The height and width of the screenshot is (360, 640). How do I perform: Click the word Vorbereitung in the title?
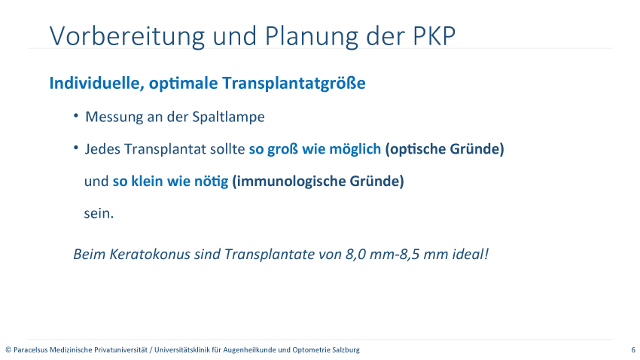point(127,36)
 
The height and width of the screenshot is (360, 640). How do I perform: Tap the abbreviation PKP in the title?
point(434,36)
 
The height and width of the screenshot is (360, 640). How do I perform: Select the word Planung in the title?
point(312,37)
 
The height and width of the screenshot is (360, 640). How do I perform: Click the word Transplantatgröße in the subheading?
point(294,84)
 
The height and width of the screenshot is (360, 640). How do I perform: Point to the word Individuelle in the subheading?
point(96,83)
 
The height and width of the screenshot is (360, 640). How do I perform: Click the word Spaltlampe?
point(229,117)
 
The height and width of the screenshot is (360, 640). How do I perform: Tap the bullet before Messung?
point(76,115)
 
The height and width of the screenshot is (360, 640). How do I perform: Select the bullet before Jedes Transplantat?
point(76,148)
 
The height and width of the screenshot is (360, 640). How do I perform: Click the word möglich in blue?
point(355,149)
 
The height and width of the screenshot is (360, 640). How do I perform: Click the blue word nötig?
point(211,182)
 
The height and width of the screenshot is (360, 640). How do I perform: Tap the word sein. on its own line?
point(99,213)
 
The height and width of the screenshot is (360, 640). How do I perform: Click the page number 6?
point(633,349)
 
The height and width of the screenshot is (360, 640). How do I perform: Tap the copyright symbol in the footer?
point(8,349)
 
